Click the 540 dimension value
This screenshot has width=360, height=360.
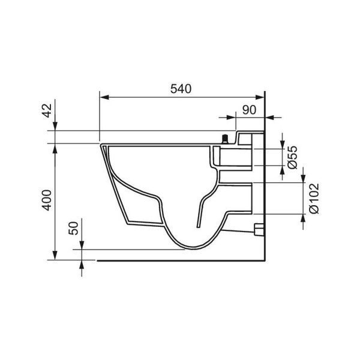coord(181,89)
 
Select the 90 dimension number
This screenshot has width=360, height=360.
coord(249,110)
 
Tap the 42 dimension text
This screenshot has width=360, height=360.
coord(48,110)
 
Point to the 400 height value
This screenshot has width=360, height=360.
coord(47,200)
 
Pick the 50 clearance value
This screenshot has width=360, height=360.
coord(73,228)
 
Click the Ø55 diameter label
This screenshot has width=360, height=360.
coord(293,157)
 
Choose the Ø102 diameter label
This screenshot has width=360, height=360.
coord(314,199)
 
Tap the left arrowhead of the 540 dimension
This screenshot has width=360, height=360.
coord(104,97)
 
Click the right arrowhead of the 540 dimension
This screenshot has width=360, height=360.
coord(260,97)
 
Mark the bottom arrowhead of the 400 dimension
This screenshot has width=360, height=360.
coord(55,256)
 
